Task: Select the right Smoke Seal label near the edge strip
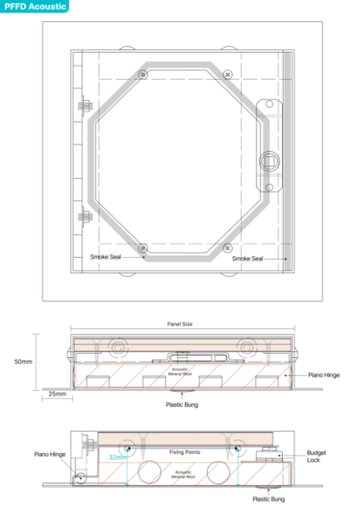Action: tap(248, 259)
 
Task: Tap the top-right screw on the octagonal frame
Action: tap(227, 76)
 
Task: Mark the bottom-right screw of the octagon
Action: tap(227, 248)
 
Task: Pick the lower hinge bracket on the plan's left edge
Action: tap(85, 215)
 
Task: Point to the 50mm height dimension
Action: tap(24, 361)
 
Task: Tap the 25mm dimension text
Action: tap(58, 394)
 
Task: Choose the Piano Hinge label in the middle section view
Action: tap(323, 373)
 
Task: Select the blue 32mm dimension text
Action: tap(118, 457)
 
